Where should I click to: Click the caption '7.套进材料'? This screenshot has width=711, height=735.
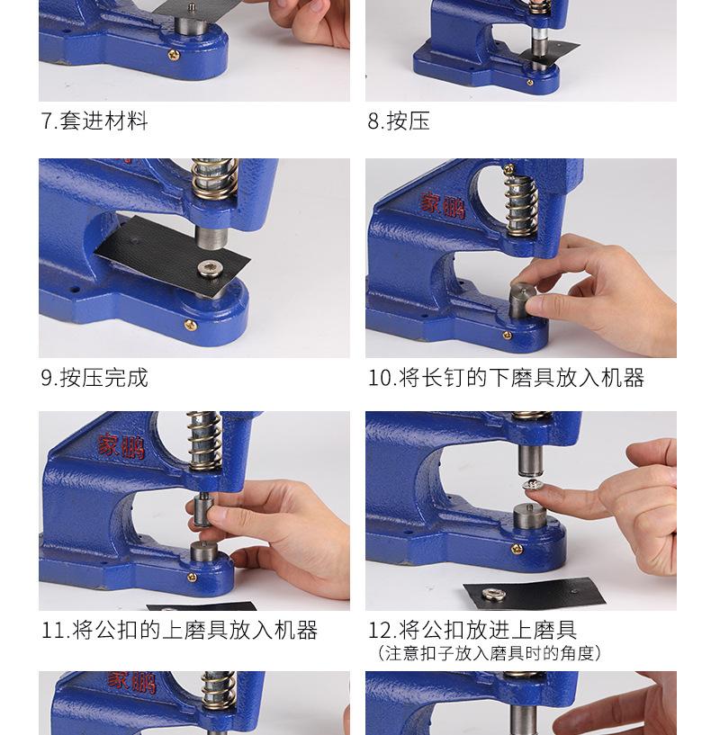[94, 121]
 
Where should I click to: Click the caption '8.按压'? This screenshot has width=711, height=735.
[399, 121]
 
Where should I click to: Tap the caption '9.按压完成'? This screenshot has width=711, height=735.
[94, 378]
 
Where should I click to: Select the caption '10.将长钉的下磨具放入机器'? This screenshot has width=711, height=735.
[506, 378]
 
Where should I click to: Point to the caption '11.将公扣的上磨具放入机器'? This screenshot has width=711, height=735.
[180, 631]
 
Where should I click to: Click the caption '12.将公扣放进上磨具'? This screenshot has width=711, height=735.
[472, 631]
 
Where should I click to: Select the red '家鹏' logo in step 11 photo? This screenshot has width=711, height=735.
[121, 445]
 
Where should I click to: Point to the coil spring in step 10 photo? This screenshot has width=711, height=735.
[519, 204]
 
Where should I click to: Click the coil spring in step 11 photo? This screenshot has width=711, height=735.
[203, 441]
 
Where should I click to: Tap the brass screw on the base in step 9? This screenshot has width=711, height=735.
[190, 325]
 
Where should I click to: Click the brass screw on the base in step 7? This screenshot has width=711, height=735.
[174, 55]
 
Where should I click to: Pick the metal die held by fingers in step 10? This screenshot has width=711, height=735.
[521, 300]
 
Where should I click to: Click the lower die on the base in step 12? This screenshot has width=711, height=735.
[531, 521]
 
